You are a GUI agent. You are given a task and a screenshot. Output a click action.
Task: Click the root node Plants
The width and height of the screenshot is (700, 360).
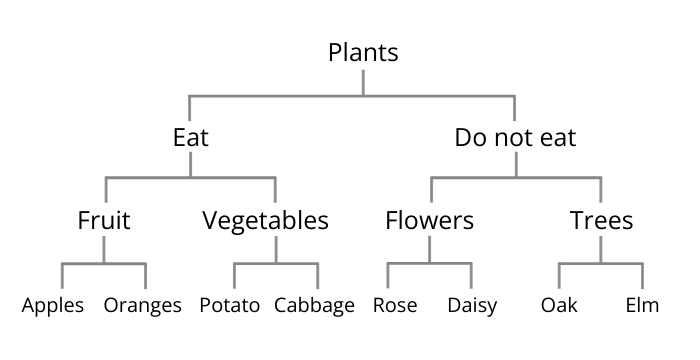pos(363,53)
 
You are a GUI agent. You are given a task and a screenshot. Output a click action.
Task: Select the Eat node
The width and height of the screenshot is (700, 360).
pos(190,137)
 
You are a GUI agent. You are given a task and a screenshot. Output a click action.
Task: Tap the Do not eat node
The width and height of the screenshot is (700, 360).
pos(515,137)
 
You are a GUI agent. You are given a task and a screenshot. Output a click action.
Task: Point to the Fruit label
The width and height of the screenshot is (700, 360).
pos(104,221)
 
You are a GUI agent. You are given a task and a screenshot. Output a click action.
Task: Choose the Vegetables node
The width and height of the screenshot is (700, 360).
pos(265,221)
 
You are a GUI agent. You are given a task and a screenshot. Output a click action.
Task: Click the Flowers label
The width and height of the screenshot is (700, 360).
pos(429,221)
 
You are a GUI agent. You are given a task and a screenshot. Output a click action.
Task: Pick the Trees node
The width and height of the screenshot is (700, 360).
pos(601,221)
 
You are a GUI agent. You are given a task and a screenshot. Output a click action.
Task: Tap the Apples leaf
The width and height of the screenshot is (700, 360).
pos(54,305)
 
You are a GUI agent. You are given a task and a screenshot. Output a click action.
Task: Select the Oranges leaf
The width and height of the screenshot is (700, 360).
pos(143,305)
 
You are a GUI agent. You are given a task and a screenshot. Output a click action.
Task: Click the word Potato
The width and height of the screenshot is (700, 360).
pos(230,305)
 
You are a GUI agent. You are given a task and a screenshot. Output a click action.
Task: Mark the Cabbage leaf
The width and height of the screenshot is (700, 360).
pos(314,305)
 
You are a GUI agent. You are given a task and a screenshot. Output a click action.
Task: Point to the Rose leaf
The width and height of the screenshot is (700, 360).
pos(394,305)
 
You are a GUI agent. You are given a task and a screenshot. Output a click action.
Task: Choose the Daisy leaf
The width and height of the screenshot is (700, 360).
pos(472,305)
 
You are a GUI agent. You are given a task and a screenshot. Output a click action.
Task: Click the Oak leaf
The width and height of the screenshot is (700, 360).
pos(559,305)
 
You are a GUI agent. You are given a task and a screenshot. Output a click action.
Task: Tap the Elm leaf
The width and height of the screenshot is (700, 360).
pos(643,305)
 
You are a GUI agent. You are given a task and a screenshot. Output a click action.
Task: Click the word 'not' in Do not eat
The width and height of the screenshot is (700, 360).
pos(516,137)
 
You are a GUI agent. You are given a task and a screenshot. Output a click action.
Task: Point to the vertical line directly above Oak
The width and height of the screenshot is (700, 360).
pos(559,276)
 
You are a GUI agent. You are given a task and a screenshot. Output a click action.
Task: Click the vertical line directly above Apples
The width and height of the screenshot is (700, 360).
pos(62,276)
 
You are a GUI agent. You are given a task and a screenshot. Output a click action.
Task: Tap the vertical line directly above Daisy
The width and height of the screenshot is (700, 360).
pos(472,276)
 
